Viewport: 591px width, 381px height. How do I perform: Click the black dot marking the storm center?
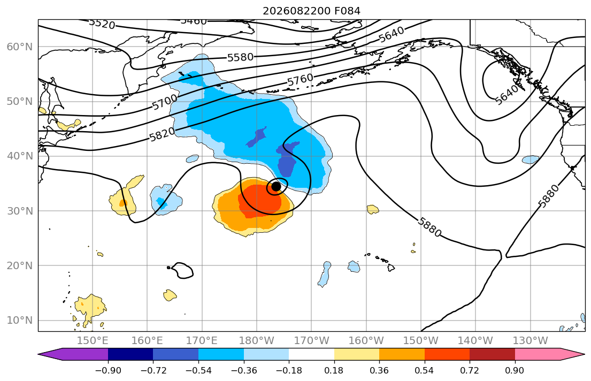tap(276, 186)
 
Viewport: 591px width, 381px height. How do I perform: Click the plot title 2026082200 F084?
tap(311, 11)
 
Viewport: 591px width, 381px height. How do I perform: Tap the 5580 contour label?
tap(241, 57)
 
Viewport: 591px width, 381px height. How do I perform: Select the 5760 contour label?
tap(300, 80)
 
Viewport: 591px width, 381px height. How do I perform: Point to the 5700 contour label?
tap(165, 102)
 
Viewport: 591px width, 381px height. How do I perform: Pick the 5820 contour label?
tap(163, 134)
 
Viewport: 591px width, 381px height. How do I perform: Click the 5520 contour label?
tap(102, 24)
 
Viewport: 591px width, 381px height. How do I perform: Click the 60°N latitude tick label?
tap(20, 47)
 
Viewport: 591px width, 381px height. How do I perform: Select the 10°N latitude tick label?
tap(20, 321)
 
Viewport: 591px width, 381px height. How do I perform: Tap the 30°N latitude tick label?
tap(20, 211)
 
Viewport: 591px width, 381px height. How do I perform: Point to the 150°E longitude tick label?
tap(93, 341)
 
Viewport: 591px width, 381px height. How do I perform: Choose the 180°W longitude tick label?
tap(257, 341)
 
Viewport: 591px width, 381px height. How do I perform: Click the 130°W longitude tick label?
tap(531, 341)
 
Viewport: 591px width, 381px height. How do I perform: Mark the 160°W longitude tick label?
tap(366, 341)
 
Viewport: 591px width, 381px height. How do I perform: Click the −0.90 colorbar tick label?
tap(108, 371)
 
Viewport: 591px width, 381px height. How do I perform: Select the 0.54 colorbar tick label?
tap(425, 371)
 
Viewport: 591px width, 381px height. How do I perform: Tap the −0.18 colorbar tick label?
tap(289, 371)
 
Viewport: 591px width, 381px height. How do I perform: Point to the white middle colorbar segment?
tap(311, 354)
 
